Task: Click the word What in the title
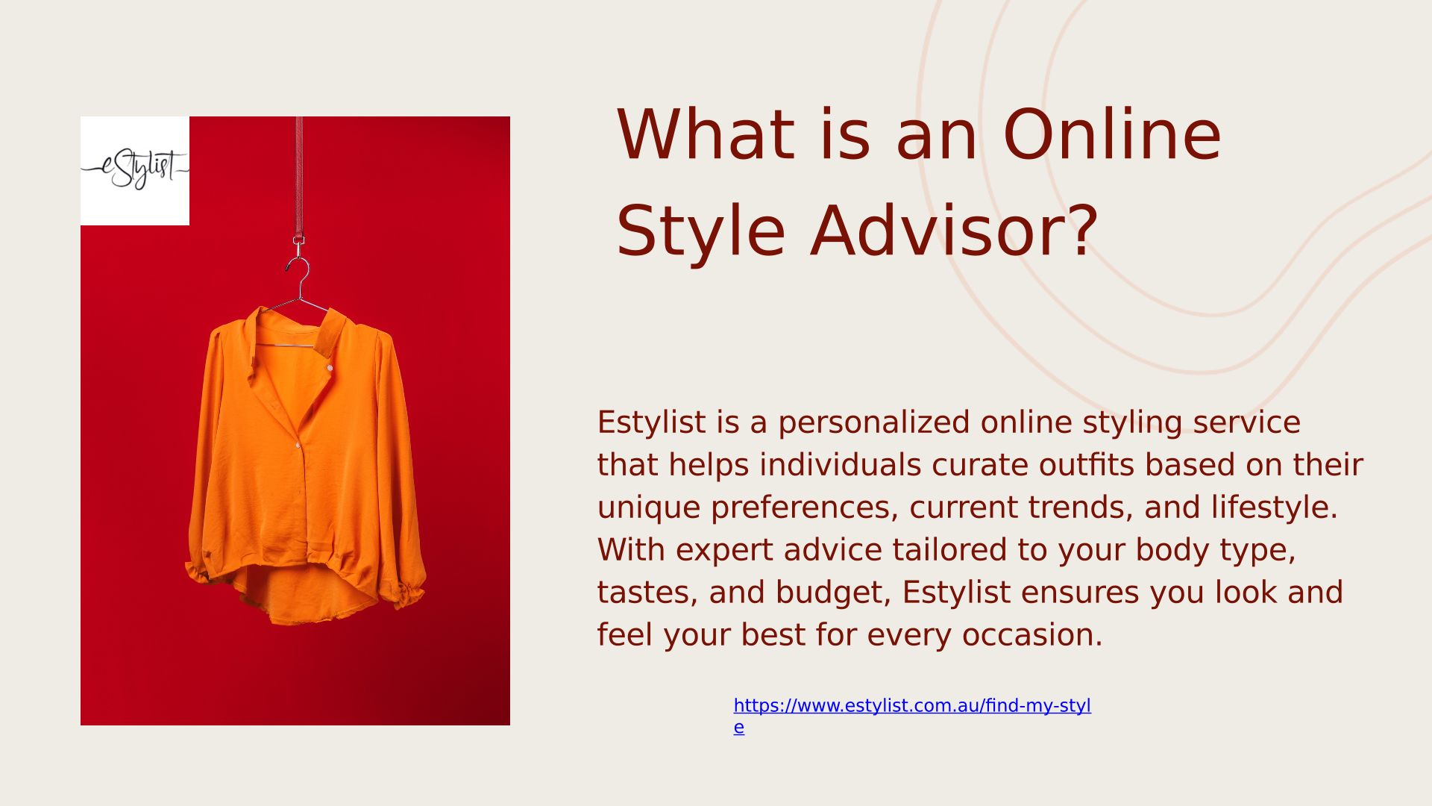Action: pyautogui.click(x=705, y=135)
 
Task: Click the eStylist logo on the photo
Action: pyautogui.click(x=135, y=170)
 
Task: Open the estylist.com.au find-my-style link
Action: pyautogui.click(x=912, y=716)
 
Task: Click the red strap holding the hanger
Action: pyautogui.click(x=299, y=179)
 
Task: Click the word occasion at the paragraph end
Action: pyautogui.click(x=1032, y=636)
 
